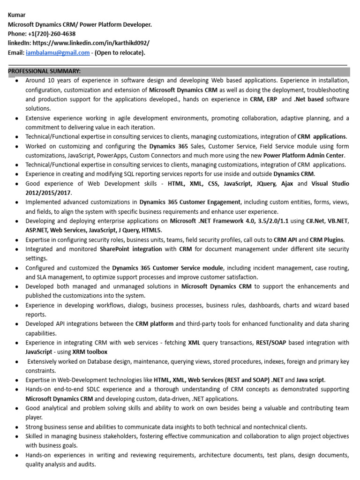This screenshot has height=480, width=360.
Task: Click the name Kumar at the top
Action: click(17, 15)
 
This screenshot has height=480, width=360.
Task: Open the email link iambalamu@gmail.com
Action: click(58, 52)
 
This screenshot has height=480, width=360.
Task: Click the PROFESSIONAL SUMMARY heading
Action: click(45, 71)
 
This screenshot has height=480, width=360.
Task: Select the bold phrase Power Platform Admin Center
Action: click(304, 155)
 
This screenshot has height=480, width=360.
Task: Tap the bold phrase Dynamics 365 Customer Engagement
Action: click(190, 202)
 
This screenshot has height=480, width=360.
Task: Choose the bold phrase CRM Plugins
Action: click(327, 240)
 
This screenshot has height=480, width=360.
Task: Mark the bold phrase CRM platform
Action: click(154, 324)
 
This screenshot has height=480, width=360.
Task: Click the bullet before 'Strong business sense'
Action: click(17, 427)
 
